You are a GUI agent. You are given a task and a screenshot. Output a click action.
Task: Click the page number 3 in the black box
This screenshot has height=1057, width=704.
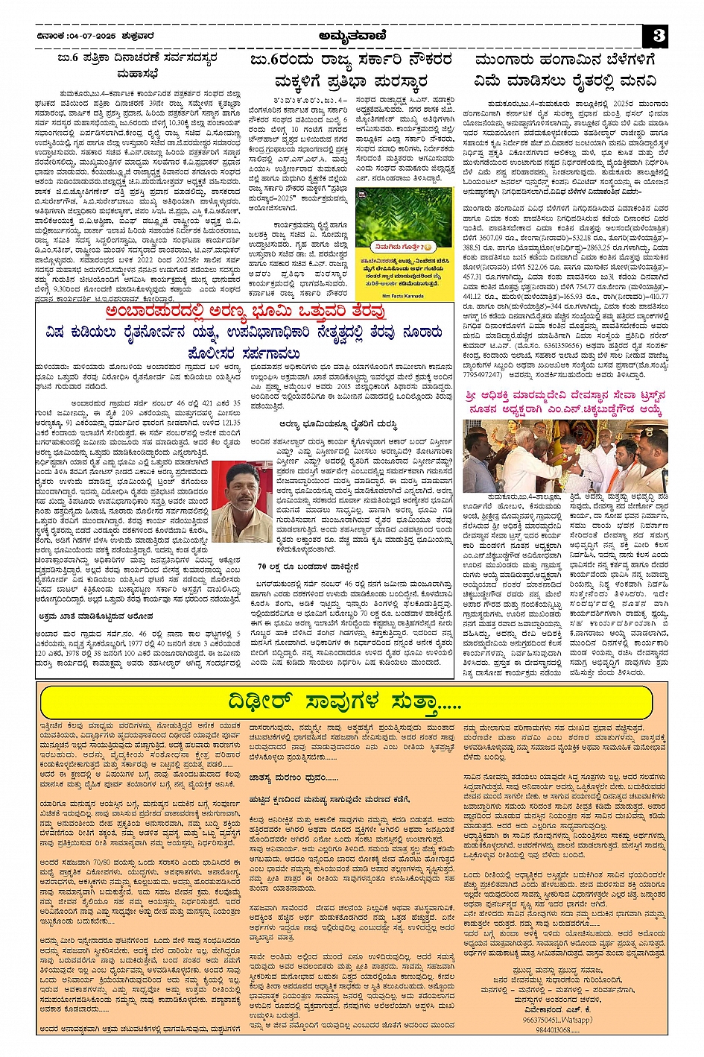click(x=659, y=35)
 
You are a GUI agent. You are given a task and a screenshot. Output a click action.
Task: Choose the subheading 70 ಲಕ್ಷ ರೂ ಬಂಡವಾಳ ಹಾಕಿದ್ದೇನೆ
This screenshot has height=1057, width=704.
click(x=298, y=566)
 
